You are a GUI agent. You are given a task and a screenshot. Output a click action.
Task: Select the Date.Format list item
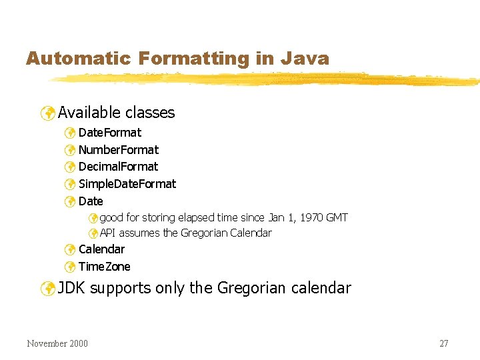click(109, 133)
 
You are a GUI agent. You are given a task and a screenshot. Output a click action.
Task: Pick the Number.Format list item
click(118, 150)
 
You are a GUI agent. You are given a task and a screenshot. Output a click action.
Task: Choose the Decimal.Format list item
click(118, 167)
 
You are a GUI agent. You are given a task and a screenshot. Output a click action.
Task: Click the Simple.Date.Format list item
click(127, 184)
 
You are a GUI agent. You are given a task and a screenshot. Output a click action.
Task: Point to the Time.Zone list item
click(104, 267)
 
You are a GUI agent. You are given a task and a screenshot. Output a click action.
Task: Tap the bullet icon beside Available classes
click(47, 113)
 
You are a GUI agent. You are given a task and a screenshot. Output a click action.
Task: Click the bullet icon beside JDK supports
click(47, 289)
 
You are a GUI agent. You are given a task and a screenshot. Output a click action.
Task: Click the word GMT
click(335, 218)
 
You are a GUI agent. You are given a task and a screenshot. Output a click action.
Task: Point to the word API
click(107, 233)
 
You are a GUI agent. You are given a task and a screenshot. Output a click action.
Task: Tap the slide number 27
click(443, 344)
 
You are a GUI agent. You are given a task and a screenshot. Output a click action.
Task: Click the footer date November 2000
click(57, 344)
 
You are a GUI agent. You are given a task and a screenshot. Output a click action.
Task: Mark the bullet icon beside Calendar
click(69, 250)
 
